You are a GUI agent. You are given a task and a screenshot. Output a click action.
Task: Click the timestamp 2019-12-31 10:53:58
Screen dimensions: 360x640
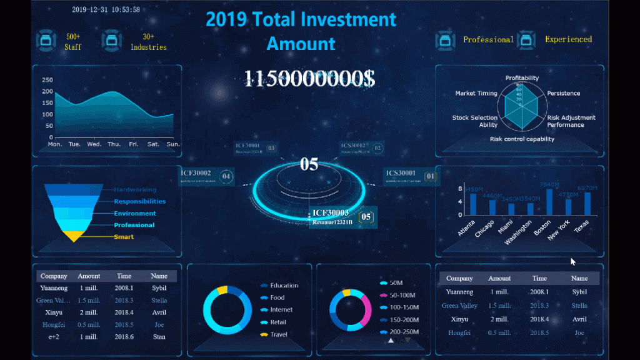coord(106,10)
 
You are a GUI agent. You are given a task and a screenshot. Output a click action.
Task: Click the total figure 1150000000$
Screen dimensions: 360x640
coord(309,79)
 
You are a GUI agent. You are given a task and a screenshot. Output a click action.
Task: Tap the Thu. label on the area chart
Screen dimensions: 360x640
coord(114,144)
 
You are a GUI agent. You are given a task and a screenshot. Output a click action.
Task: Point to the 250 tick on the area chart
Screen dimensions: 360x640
coord(47,80)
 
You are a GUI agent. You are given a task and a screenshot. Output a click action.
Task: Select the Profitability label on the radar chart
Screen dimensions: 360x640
coord(522,78)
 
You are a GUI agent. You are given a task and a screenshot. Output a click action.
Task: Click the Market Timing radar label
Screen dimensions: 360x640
coord(476,93)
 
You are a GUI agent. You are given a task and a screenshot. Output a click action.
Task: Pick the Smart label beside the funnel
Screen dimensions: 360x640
coord(124,237)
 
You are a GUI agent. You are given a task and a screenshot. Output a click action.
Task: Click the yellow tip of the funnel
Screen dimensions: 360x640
coord(74,237)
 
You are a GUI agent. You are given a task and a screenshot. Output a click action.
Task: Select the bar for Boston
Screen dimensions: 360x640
coord(549,201)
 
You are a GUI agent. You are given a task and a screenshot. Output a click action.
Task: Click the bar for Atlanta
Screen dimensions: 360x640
coord(473,204)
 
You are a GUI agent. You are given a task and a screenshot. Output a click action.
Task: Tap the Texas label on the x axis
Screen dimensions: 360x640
coord(582,226)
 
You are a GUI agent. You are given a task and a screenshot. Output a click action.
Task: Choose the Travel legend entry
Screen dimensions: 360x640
coord(279,334)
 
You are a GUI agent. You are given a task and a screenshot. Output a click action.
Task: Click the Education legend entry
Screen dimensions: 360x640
coord(284,286)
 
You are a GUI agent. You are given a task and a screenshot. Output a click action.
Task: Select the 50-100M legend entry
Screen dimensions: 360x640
coord(402,295)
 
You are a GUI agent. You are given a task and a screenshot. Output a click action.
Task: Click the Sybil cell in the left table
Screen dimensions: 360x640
coord(159,289)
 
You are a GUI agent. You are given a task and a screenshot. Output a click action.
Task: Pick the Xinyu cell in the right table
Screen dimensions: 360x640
coord(459,319)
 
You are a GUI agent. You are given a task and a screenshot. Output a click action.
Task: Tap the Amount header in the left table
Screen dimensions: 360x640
coord(89,276)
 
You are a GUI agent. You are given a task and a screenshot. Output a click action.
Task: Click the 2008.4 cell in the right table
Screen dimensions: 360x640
coord(539,319)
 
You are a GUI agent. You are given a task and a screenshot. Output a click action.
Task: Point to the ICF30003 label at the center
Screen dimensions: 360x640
coord(331,213)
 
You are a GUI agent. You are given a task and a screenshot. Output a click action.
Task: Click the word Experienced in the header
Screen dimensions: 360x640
coord(568,39)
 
